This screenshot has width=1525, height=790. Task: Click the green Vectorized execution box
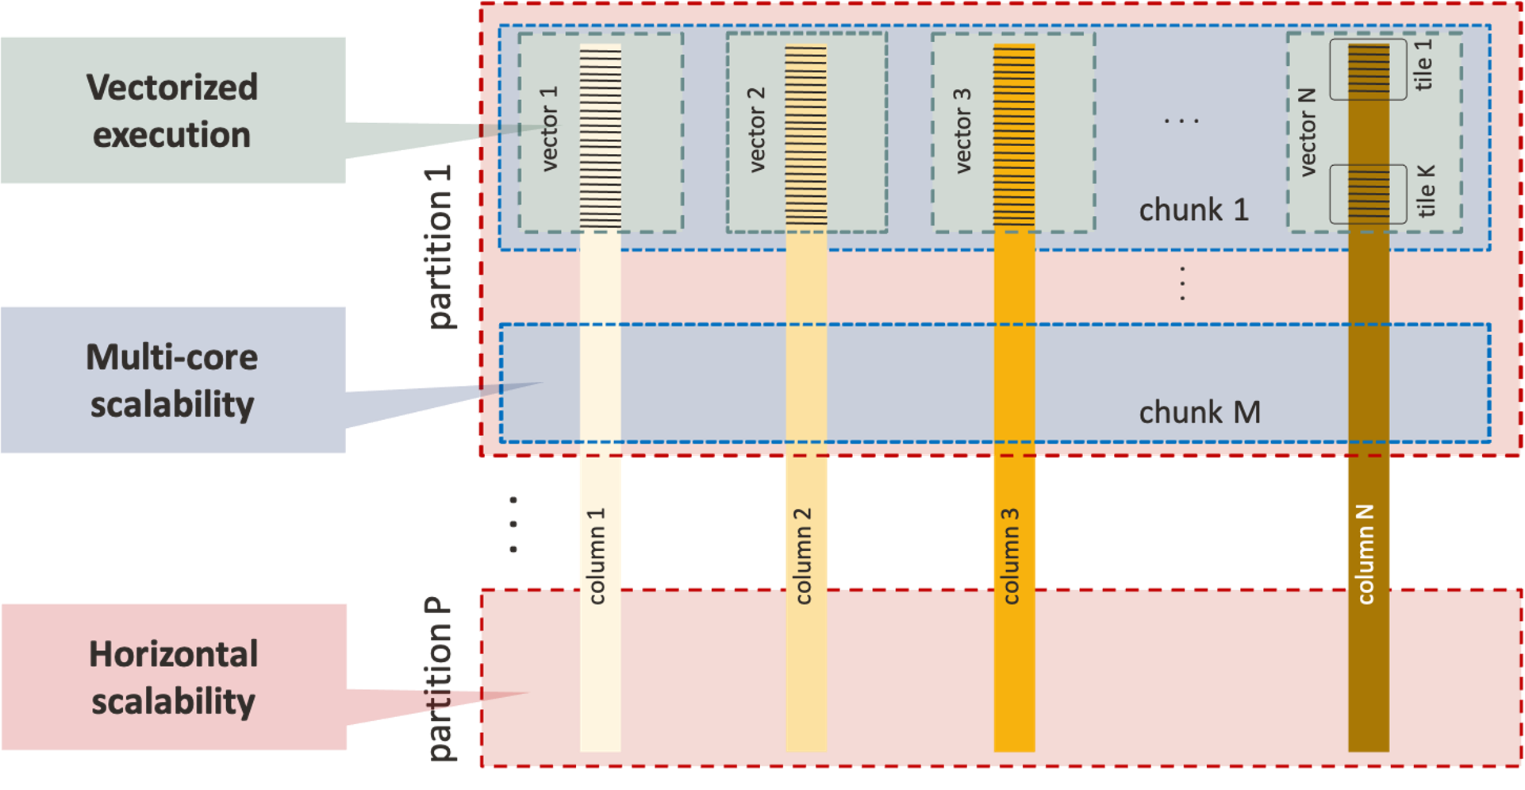(x=172, y=110)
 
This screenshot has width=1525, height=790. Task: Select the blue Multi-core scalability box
(x=172, y=380)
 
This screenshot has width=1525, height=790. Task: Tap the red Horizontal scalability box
(x=173, y=677)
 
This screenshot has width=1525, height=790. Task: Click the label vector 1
(x=549, y=129)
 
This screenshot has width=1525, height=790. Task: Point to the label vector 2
(x=757, y=130)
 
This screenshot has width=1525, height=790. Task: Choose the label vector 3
(x=962, y=131)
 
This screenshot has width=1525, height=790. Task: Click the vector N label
(x=1307, y=132)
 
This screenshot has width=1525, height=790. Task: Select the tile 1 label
(x=1424, y=65)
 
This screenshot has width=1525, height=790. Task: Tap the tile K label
(x=1426, y=191)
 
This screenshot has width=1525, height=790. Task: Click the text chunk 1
(x=1193, y=210)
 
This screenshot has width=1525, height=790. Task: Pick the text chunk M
(x=1199, y=413)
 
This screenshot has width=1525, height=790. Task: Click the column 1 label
(x=597, y=556)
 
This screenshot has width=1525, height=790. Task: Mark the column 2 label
(x=804, y=556)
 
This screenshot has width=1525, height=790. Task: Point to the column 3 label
(x=1011, y=556)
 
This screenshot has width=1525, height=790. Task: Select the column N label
(x=1366, y=553)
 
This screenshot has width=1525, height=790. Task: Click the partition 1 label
(x=439, y=247)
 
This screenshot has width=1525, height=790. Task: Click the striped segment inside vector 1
(x=600, y=137)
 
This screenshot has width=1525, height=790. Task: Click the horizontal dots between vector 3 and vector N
(x=1181, y=121)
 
